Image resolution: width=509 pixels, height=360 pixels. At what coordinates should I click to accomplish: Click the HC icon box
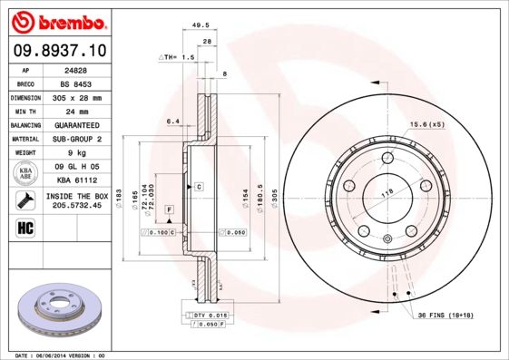pos(24,227)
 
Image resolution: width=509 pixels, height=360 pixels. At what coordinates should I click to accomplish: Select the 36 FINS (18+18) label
pos(455,314)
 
